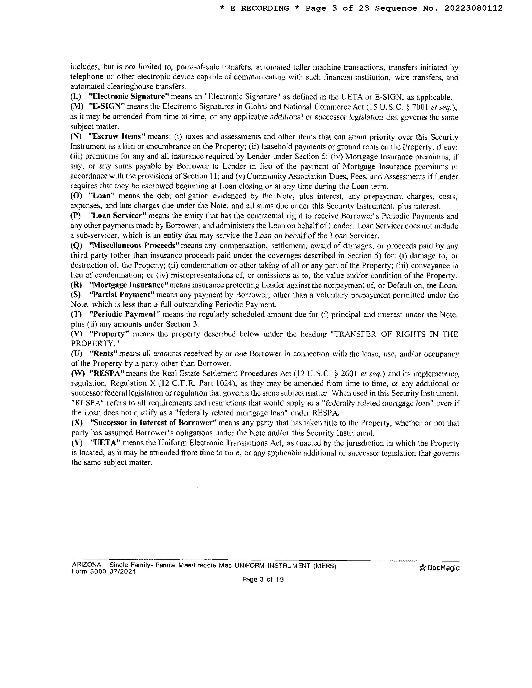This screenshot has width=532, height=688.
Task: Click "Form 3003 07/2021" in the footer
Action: (104, 571)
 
